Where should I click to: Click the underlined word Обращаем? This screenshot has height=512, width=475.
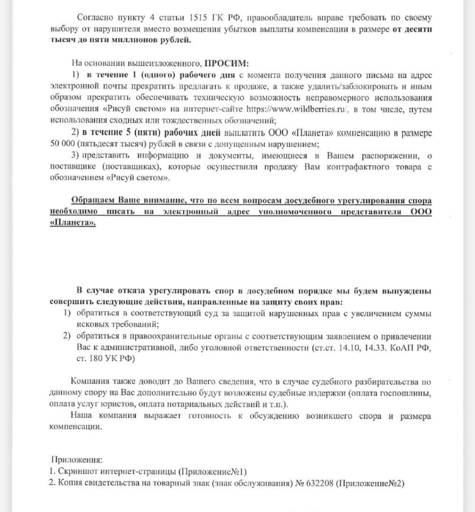tap(92, 201)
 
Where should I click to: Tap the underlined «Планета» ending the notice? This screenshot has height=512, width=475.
tap(72, 223)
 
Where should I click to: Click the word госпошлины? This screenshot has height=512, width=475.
tap(408, 393)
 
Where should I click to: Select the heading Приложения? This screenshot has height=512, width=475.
tap(76, 460)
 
